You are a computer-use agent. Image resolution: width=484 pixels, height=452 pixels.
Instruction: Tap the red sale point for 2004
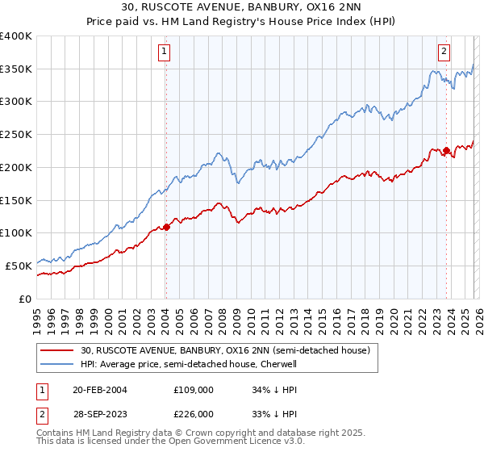pyautogui.click(x=167, y=227)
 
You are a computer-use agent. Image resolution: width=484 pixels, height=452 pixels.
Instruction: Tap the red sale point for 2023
pyautogui.click(x=446, y=150)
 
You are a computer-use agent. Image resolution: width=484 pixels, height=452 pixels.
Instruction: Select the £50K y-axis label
pyautogui.click(x=18, y=265)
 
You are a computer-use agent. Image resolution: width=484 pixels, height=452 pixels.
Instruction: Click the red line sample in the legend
pyautogui.click(x=57, y=351)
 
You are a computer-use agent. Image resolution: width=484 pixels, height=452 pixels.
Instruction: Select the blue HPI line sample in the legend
pyautogui.click(x=57, y=365)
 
